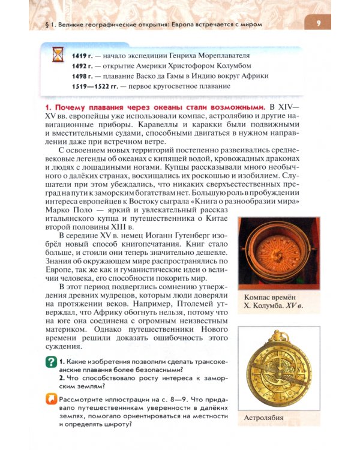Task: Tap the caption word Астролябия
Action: tap(265, 418)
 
